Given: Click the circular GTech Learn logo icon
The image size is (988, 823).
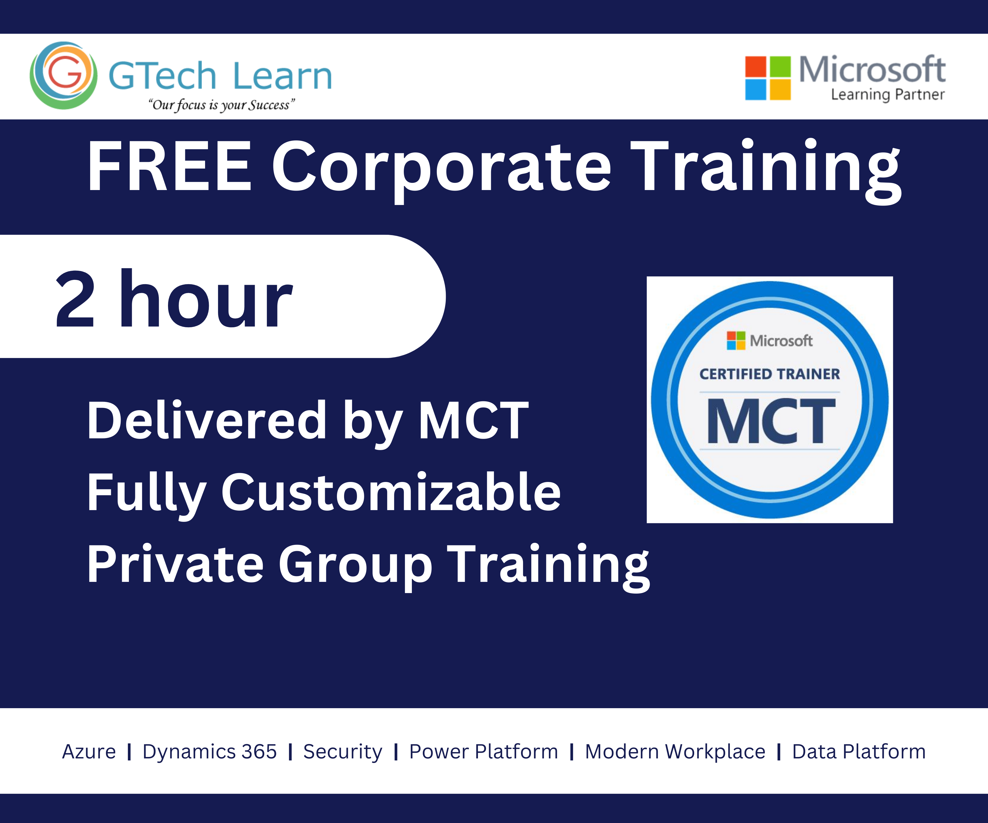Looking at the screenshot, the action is point(63,75).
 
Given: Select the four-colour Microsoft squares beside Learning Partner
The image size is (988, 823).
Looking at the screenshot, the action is point(768,78).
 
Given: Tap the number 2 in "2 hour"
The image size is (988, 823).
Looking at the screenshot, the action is point(75,299).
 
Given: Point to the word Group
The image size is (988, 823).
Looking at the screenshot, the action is point(355,567).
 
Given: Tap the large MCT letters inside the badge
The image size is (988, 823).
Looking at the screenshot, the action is point(771,421).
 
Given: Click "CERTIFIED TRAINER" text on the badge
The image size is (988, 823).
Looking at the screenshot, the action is point(770,374).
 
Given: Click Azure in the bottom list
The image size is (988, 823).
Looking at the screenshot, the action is point(89,752).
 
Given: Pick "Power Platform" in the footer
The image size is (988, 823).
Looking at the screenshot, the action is point(484,752).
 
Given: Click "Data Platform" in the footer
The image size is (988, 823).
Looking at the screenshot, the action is point(859,752).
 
